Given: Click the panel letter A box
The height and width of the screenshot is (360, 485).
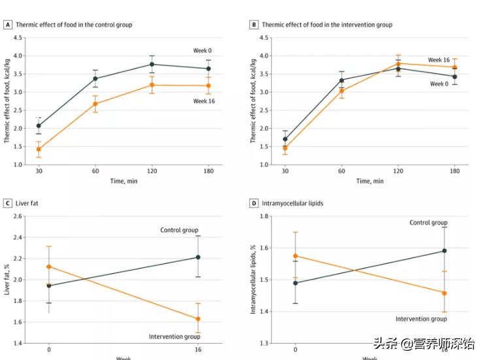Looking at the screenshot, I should pos(8,25).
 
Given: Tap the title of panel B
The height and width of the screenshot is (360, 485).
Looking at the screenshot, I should pos(327,25).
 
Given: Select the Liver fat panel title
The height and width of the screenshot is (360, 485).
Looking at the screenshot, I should pos(28,203).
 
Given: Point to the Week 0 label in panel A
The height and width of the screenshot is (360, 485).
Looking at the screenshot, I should pos(202,51).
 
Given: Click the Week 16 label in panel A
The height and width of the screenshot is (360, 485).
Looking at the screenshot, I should pos(204,101).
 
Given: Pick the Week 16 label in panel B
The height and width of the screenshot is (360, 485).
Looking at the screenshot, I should pos(439,60).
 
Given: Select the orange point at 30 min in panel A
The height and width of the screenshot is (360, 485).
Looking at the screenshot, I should pos(39,149).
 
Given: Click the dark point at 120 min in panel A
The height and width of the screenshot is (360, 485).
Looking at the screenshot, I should pos(152,64).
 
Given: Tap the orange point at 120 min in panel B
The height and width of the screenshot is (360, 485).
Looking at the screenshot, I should pos(398,63).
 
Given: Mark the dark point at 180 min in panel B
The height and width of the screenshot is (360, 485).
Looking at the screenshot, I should pos(454,76).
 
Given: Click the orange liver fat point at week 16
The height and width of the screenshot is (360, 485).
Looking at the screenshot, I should pos(198,319).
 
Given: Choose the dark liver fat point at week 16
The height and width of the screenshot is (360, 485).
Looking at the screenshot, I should pos(198,257).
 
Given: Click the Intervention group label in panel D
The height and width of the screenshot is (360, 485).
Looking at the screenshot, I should pos(422,319).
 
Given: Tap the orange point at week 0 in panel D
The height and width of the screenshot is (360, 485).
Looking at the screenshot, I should pos(295,256).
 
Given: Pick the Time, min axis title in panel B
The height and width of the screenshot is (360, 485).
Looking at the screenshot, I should pos(370,181).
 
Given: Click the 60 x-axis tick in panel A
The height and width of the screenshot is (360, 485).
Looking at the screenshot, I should pos(95,172).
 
